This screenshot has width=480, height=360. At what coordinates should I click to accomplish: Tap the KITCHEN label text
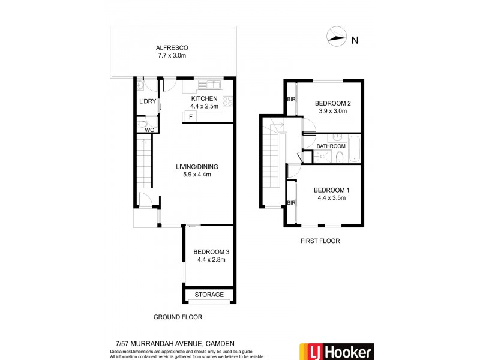(x=204, y=98)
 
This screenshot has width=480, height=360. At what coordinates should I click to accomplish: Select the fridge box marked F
(x=190, y=116)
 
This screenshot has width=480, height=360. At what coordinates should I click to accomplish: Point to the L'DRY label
(x=148, y=101)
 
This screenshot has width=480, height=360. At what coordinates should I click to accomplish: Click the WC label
(x=149, y=129)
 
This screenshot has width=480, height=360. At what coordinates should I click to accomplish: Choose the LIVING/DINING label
(x=197, y=167)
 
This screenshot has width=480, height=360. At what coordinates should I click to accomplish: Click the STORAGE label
(x=209, y=295)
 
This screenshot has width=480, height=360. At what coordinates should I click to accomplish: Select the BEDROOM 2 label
(x=333, y=103)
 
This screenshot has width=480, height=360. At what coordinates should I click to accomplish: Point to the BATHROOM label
(x=331, y=146)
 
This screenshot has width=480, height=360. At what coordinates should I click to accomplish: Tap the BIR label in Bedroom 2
(x=292, y=100)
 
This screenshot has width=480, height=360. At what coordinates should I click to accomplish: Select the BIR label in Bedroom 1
(x=292, y=203)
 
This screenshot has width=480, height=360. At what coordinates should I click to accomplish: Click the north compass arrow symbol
(x=337, y=37)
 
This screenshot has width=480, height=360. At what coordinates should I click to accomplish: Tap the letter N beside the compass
(x=355, y=40)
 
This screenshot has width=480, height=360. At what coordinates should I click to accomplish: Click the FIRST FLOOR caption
(x=320, y=241)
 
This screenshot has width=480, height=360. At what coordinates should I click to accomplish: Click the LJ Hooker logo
(x=336, y=351)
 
